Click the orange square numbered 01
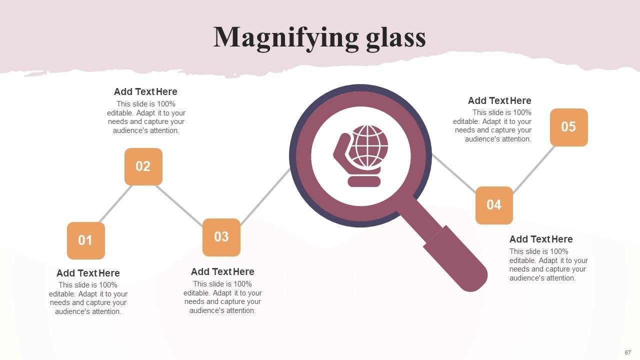pos(85,240)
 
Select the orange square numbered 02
pos(143,166)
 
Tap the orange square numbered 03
pos(221,237)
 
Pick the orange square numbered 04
pos(494,205)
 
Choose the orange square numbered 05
pos(568,127)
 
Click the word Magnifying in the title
pos(284,38)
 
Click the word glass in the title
pos(395,38)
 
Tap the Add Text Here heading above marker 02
pos(145,91)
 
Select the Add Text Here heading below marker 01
pos(88,273)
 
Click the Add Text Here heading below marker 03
pos(222,271)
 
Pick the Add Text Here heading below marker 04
pos(541,239)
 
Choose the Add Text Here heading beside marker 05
pos(499,100)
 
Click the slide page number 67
pos(627,352)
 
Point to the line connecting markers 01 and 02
pos(115,203)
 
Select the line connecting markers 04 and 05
pos(533,169)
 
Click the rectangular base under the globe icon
pos(364,181)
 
